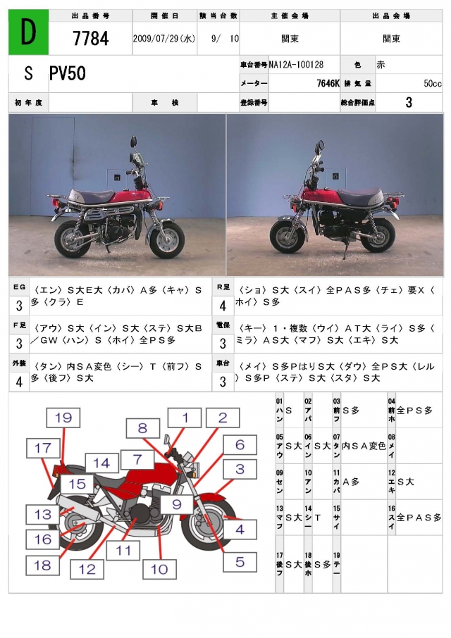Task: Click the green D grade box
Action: point(28,32)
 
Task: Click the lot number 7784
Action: point(91,39)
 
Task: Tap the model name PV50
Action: point(68,74)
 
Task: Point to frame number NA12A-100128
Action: point(297,65)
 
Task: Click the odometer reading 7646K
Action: point(328,83)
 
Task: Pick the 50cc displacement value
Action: point(432,83)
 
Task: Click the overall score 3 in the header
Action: point(409,103)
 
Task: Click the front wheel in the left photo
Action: point(167,241)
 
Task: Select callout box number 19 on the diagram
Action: point(63,418)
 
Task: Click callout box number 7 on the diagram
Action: point(137,459)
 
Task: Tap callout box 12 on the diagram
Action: point(87,569)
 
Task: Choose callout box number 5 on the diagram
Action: point(240,562)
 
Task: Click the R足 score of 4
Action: point(223,306)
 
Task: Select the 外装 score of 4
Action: point(19,382)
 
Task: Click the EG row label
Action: point(19,287)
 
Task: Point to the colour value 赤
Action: point(381,65)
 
